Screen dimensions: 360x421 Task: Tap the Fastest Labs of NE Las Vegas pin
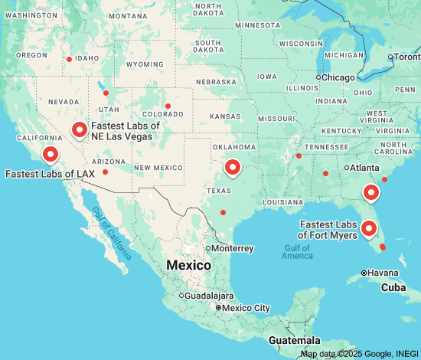[x=80, y=130]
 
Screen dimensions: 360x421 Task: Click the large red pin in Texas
[x=233, y=166]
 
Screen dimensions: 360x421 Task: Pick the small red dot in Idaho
[x=70, y=59]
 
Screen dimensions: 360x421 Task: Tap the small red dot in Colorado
[x=168, y=106]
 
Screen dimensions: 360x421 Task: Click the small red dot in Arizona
[x=106, y=172]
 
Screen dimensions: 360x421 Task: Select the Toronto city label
[x=406, y=57]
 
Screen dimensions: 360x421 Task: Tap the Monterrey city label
[x=232, y=248]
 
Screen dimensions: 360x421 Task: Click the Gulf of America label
[x=297, y=252]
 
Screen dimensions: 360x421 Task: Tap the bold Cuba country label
[x=393, y=287]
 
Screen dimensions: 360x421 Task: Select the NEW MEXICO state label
[x=158, y=167]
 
